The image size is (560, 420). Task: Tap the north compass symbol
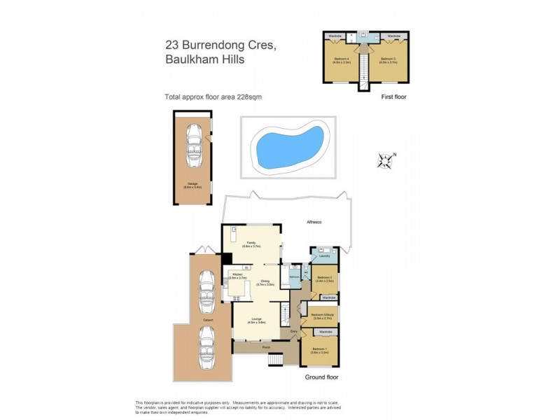click(385, 161)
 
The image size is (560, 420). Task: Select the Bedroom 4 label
click(341, 59)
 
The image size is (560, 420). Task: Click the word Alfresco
click(315, 222)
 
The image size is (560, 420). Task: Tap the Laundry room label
click(324, 256)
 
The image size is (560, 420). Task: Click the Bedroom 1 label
click(320, 351)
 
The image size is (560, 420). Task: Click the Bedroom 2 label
click(324, 279)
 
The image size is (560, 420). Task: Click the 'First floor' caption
click(392, 97)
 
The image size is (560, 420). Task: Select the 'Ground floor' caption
click(322, 377)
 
